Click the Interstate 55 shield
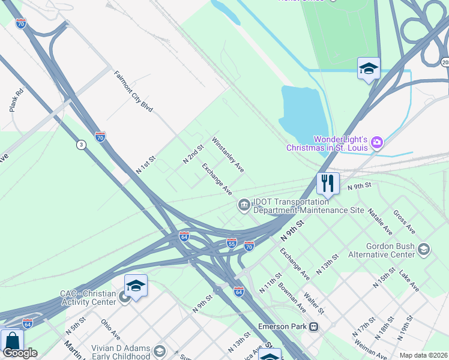pyautogui.click(x=232, y=243)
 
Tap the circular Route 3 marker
pyautogui.click(x=80, y=145)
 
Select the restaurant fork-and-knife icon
pyautogui.click(x=328, y=183)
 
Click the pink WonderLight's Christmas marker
pyautogui.click(x=377, y=142)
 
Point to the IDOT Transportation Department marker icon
pyautogui.click(x=244, y=205)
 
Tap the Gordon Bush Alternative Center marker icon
pyautogui.click(x=423, y=249)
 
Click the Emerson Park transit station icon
pyautogui.click(x=313, y=327)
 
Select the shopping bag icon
pyautogui.click(x=12, y=341)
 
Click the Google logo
pyautogui.click(x=20, y=353)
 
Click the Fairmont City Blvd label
pyautogui.click(x=134, y=92)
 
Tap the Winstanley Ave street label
pyautogui.click(x=228, y=155)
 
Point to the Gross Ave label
pyautogui.click(x=404, y=221)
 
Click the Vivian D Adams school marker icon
pyautogui.click(x=159, y=350)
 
